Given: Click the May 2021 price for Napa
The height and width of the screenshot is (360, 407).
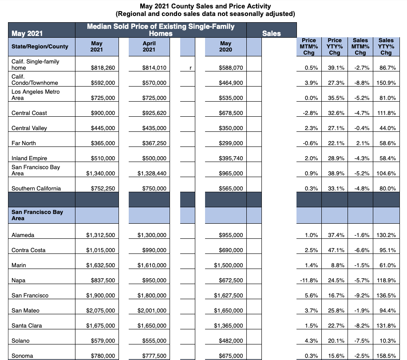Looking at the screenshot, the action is coord(103,280).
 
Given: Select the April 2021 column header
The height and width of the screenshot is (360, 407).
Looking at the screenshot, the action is coord(149,47).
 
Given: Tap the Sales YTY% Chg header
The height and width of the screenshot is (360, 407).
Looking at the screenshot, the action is coord(386,47).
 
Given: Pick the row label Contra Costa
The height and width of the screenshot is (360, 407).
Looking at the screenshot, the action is coord(28,250).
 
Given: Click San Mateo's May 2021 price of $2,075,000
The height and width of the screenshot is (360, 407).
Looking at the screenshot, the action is coord(100,310).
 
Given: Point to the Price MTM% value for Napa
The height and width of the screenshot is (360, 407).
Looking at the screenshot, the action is coord(309,280).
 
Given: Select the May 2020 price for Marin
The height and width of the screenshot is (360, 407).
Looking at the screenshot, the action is coord(229,265).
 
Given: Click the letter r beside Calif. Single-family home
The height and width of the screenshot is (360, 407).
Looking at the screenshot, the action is coord(190,68).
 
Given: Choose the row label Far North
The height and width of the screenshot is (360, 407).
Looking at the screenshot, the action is coord(24,143).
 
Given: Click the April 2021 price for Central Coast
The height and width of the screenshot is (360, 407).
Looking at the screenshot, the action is coord(154,113).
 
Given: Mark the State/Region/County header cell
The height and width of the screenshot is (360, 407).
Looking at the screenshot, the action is coord(40,47).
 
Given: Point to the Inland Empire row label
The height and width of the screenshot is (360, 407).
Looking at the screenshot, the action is coord(29,158).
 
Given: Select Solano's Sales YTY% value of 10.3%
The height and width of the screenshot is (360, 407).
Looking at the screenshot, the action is coord(387,340).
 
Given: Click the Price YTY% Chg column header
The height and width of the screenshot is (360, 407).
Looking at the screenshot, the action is coord(335,47).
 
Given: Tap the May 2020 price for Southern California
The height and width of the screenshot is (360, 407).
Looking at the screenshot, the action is coord(231,189).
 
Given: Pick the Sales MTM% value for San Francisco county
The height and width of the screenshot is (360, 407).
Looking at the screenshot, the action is coord(362,295).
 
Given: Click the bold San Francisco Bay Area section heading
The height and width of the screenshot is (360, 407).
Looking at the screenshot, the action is coord(37,215).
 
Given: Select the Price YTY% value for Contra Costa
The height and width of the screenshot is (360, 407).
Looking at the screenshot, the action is coord(336,250).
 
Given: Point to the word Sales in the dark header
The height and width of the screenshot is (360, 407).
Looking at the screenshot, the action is coord(271,33).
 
